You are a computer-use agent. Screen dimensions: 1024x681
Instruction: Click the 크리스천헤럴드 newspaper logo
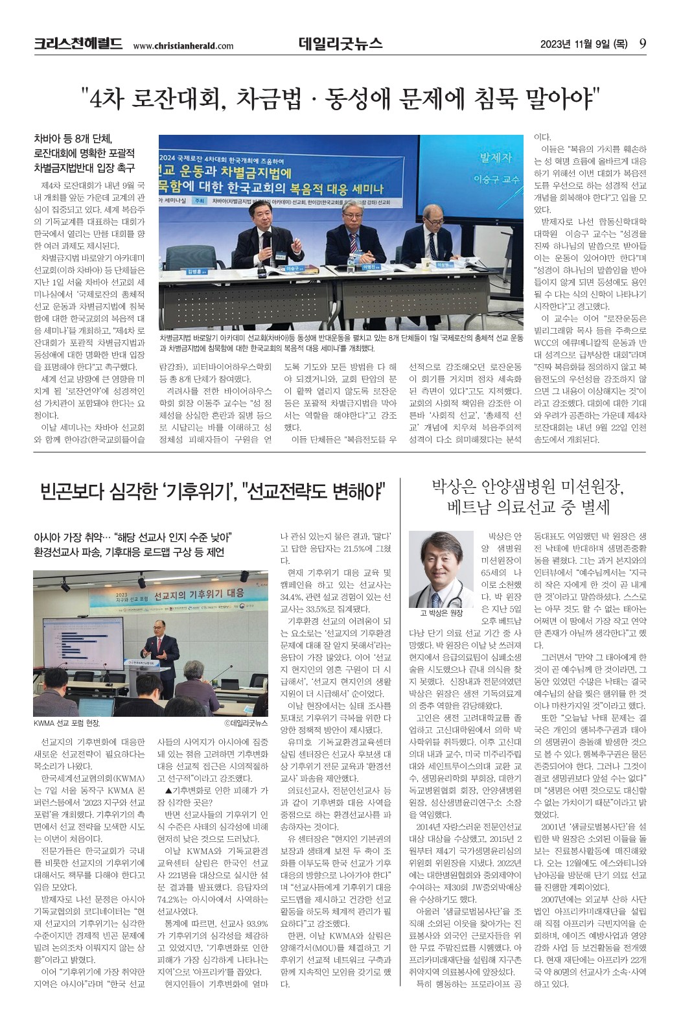coord(78,44)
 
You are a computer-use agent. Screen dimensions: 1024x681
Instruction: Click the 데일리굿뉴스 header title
coord(340,43)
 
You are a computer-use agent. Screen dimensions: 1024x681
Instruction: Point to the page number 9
coord(642,43)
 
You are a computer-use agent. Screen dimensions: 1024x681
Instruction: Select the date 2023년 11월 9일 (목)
coord(584,44)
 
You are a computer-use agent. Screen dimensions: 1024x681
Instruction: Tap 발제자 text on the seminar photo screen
coord(495,157)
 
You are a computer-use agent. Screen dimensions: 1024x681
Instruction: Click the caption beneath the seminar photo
coord(341,343)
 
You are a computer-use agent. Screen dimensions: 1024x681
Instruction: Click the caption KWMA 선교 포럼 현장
coord(67,723)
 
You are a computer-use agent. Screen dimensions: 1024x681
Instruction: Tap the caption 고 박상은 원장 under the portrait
coord(441,613)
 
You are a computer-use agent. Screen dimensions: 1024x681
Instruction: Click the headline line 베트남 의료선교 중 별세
coord(528,507)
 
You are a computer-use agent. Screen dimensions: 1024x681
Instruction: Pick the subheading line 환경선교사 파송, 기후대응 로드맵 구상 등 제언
coord(129,552)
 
